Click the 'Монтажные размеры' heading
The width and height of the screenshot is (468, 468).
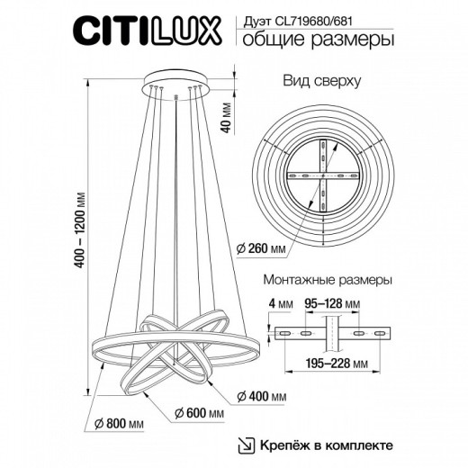327,279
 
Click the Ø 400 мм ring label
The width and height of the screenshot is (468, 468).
264,395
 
